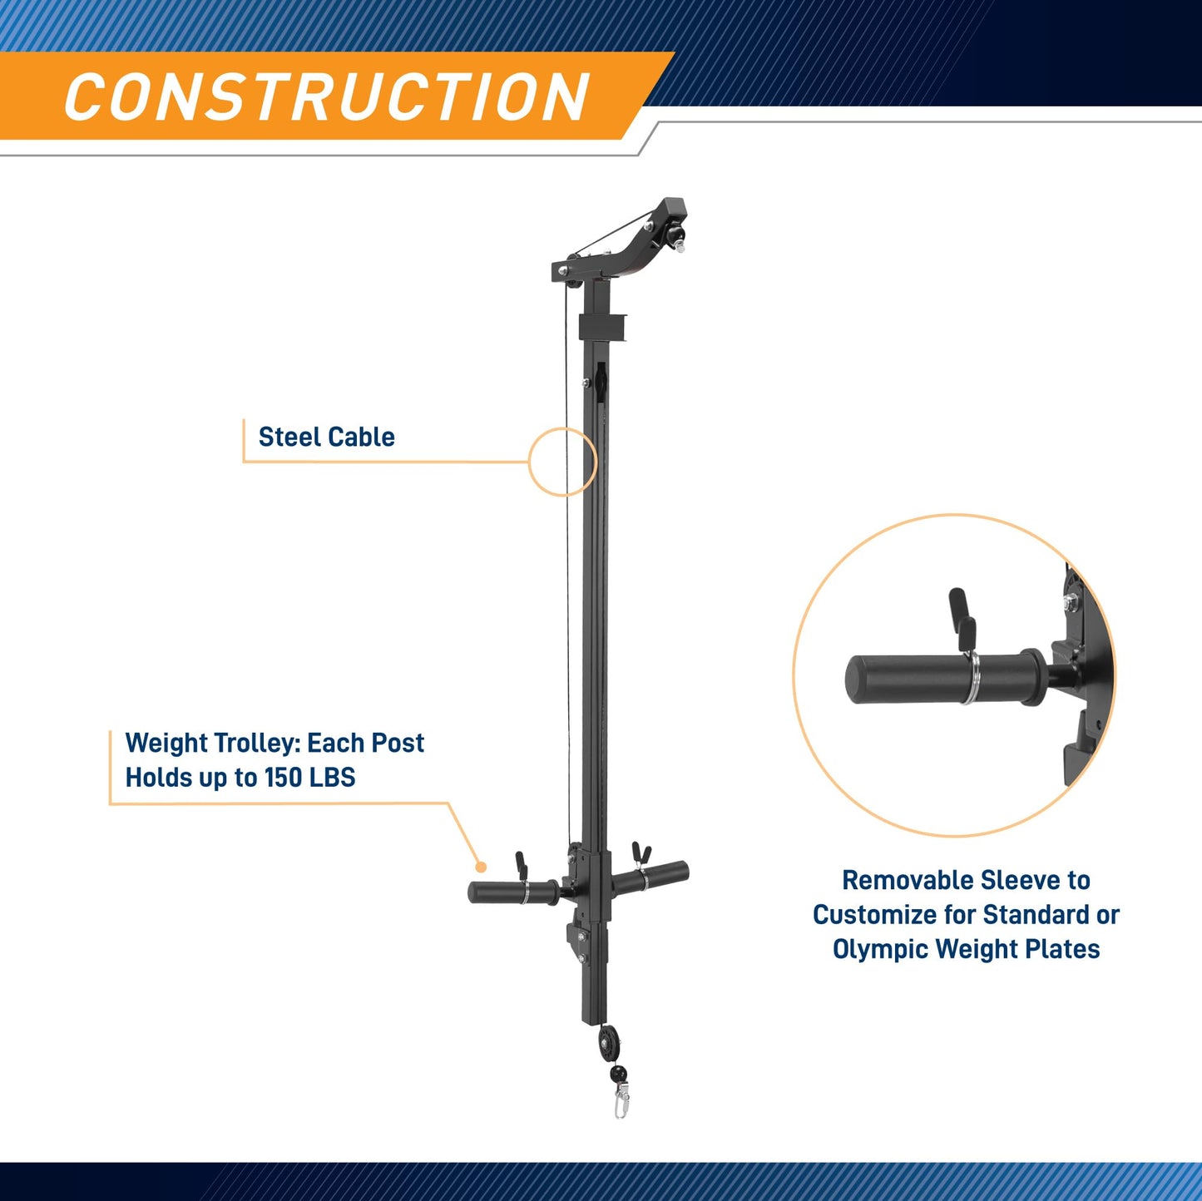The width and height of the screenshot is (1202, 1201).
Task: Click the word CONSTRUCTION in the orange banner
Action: [x=327, y=96]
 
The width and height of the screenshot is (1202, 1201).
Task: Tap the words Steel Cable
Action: [x=326, y=437]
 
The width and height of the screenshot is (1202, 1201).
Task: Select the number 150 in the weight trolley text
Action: [x=283, y=778]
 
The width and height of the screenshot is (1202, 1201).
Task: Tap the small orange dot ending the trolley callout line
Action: [x=481, y=867]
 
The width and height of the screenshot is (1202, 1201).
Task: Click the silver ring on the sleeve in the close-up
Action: [x=971, y=677]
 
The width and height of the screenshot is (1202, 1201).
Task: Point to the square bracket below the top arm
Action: [x=602, y=328]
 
